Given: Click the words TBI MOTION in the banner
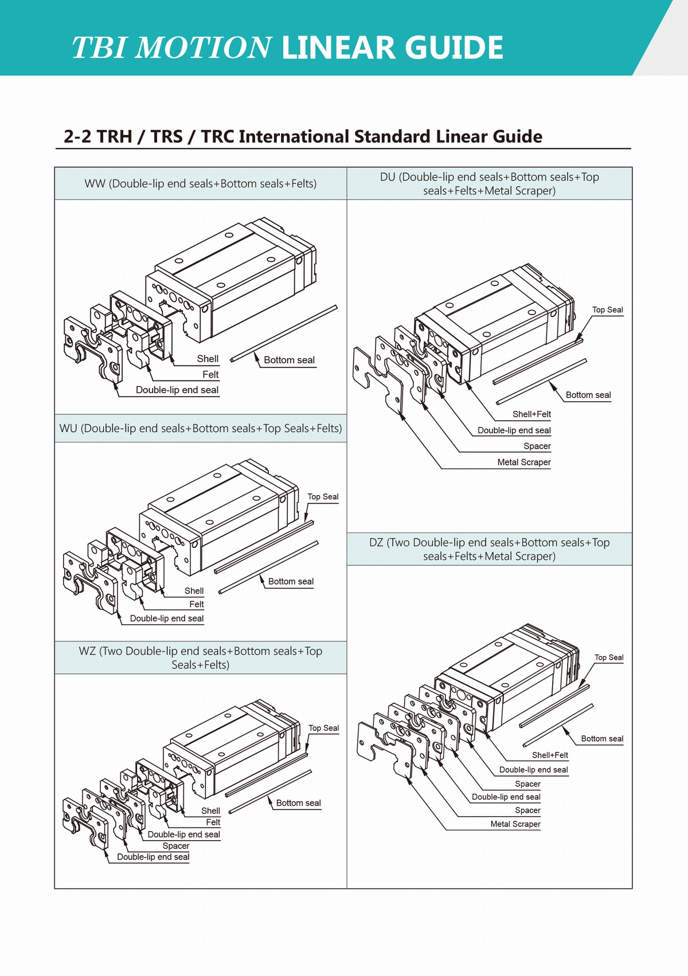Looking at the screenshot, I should point(171,48).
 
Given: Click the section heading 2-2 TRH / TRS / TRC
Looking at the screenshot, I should point(303,136).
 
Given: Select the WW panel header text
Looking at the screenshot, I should point(200,183).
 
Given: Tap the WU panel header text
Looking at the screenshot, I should point(200,428).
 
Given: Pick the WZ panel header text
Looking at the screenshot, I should point(200,657).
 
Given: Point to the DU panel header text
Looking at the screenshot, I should point(489,183).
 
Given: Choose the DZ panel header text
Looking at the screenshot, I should point(489,549).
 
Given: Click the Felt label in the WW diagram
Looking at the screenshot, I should point(210,374).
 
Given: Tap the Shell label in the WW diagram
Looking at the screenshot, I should point(208,359).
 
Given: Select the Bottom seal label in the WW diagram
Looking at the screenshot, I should point(289,360).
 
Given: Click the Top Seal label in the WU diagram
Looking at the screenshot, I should point(323,497).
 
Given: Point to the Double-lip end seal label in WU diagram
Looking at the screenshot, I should point(166,618).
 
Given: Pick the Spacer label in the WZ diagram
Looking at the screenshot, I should point(175,846).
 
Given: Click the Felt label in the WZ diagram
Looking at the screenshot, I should point(213,822).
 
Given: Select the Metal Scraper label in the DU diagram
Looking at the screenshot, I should point(523,462).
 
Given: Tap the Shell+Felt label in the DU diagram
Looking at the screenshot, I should point(531,414).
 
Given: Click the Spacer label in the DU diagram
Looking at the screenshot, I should point(537,446).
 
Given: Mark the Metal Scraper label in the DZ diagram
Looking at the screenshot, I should point(515,824).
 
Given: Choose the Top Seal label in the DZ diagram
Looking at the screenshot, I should point(608,658).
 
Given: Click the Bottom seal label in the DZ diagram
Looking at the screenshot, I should point(602,739).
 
